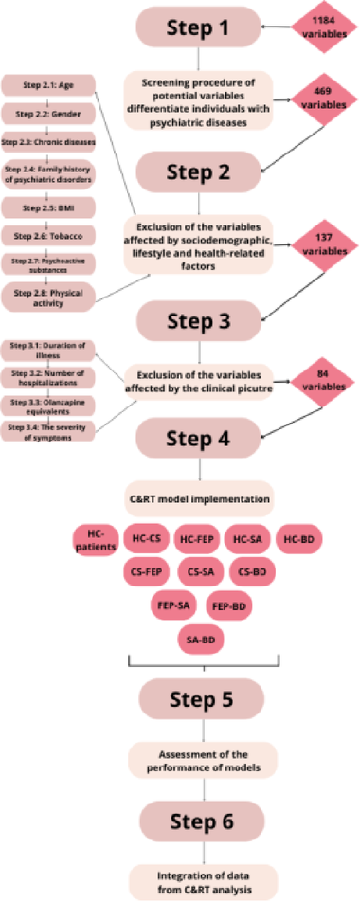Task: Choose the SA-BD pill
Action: coord(202,640)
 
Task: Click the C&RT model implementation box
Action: coord(201,496)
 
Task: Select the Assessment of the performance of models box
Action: coord(201,758)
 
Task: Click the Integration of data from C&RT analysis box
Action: coord(201,875)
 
